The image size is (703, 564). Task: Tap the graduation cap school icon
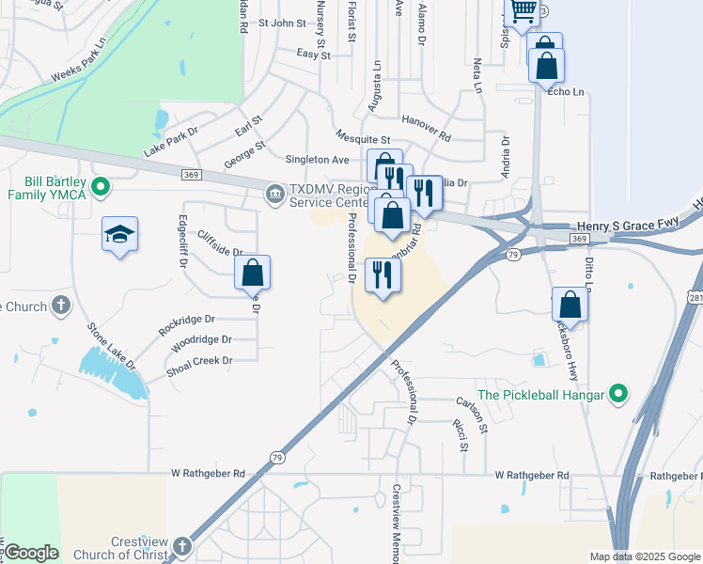coord(119,234)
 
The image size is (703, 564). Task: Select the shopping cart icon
coord(523,12)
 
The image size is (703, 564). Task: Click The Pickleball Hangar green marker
coord(617,393)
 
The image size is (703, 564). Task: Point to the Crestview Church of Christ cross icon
coord(180,546)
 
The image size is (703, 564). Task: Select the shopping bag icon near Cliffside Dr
coord(252,273)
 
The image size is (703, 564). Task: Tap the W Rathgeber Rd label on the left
coord(208,473)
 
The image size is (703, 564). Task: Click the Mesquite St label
coord(362,138)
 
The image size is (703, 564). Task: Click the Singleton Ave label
coord(298,160)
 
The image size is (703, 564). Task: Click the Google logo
coord(31,553)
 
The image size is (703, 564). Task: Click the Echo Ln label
coord(566,91)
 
